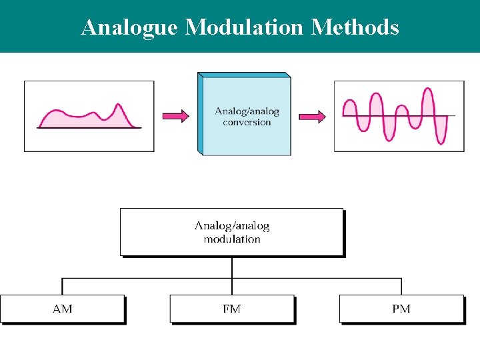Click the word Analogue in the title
pyautogui.click(x=130, y=27)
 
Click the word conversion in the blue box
pyautogui.click(x=247, y=123)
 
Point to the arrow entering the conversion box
pyautogui.click(x=176, y=116)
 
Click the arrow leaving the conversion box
pyautogui.click(x=312, y=117)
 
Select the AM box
pyautogui.click(x=63, y=309)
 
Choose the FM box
pyautogui.click(x=232, y=309)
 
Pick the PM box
pyautogui.click(x=401, y=309)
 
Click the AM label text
pyautogui.click(x=63, y=309)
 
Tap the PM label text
pyautogui.click(x=401, y=309)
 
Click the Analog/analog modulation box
pyautogui.click(x=231, y=232)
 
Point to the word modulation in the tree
pyautogui.click(x=232, y=239)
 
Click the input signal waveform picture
pyautogui.click(x=89, y=116)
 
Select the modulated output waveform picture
pyautogui.click(x=399, y=116)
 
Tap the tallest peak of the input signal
pyautogui.click(x=119, y=106)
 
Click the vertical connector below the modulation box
pyautogui.click(x=232, y=267)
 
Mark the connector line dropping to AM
pyautogui.click(x=63, y=287)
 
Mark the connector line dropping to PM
pyautogui.click(x=401, y=287)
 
